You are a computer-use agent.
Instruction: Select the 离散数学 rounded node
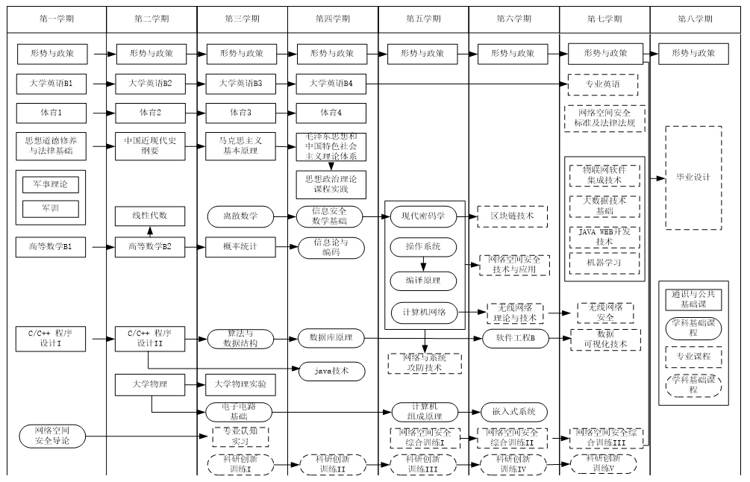point(240,216)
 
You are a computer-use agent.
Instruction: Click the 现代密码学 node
point(423,216)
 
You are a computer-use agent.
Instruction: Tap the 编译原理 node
point(423,281)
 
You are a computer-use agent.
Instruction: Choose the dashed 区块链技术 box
point(513,216)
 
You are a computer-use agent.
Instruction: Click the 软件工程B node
point(515,339)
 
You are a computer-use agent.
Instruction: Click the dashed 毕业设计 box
point(693,178)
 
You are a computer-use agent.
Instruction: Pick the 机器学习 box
point(604,263)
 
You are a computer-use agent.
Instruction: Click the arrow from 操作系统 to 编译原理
point(423,264)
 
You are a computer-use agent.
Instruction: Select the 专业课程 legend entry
point(693,357)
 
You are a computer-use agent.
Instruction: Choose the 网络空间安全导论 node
point(54,435)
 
